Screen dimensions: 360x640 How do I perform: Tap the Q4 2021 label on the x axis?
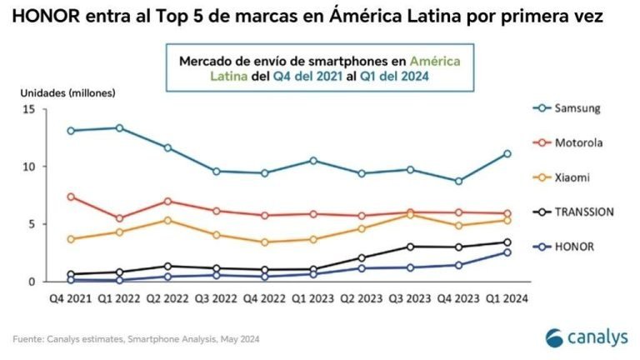70,297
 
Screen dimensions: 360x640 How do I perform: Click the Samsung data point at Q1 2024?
507,153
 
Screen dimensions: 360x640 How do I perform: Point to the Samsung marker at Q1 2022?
119,127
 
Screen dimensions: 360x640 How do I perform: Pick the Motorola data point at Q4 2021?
71,197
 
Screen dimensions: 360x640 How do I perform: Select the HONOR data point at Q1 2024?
507,252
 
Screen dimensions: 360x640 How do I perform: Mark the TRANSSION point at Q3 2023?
410,247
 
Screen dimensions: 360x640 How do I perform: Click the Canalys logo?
583,337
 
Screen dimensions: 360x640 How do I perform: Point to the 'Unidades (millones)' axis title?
57,92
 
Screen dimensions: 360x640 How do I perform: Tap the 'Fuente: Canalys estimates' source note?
133,338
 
